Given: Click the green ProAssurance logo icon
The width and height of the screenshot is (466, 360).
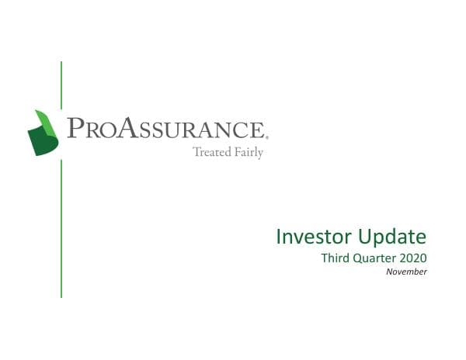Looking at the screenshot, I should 44,133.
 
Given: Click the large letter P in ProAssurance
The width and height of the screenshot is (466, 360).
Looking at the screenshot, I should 75,128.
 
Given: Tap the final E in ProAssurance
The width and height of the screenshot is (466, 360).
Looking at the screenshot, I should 259,130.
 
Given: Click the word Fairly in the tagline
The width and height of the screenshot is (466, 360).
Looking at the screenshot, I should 249,153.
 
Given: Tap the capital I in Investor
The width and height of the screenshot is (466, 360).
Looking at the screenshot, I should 280,237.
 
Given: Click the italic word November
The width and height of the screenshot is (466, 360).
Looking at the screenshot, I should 406,272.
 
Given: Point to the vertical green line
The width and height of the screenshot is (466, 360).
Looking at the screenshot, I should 61,233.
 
